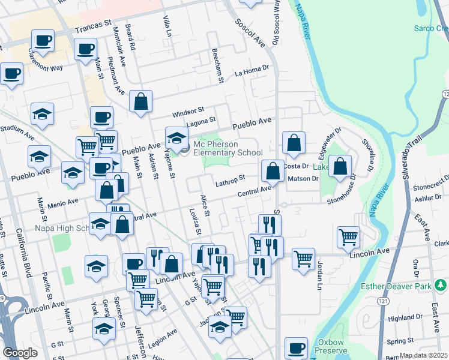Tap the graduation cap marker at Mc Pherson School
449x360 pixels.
pos(176,139)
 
